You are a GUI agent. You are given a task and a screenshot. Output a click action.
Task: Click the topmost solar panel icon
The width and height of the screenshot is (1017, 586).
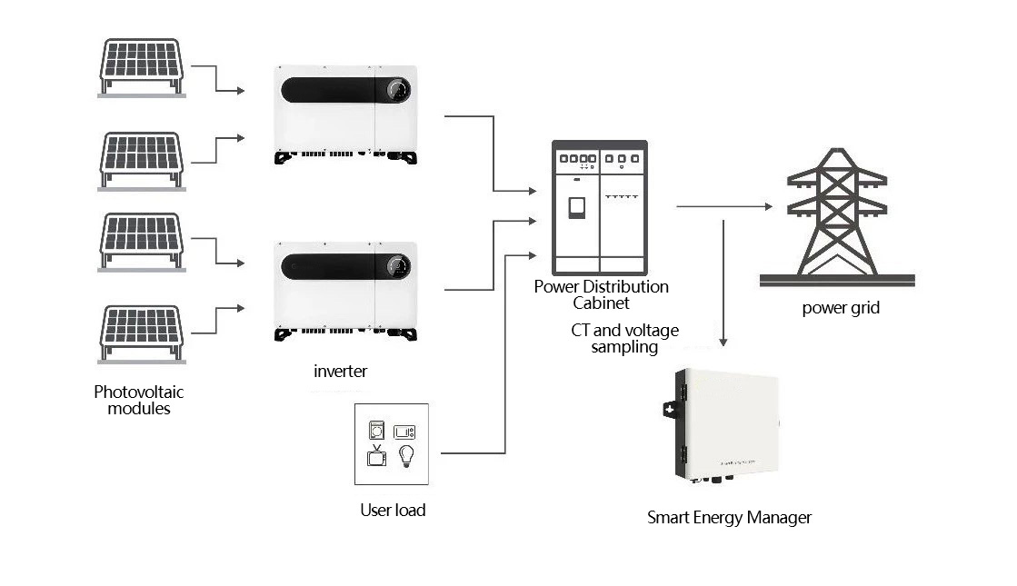[142, 67]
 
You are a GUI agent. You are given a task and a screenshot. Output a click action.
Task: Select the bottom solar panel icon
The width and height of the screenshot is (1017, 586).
[142, 334]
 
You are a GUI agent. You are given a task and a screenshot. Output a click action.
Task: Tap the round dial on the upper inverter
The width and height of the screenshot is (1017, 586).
[398, 89]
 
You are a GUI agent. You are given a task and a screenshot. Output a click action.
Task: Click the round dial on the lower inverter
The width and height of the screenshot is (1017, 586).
[398, 266]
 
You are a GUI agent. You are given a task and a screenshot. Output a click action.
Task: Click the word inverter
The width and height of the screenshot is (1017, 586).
[341, 372]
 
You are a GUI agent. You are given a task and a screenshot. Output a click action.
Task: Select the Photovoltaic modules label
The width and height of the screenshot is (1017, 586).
[139, 400]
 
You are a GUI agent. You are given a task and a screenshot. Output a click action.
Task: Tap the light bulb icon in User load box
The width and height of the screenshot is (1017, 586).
[406, 456]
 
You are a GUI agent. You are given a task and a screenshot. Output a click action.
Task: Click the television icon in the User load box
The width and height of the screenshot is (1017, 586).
[377, 456]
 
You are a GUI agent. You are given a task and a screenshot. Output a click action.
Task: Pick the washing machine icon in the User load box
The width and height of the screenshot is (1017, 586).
[376, 430]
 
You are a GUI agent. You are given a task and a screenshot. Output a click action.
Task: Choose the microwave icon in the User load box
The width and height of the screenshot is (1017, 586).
[404, 431]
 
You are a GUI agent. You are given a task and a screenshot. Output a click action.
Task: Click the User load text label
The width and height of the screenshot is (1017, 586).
[393, 511]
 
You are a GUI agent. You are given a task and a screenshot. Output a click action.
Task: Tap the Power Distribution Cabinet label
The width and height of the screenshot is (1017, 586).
[602, 295]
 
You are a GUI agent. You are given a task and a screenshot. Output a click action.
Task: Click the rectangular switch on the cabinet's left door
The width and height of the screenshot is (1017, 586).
[576, 208]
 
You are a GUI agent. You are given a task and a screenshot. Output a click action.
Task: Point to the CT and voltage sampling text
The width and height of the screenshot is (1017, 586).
[624, 338]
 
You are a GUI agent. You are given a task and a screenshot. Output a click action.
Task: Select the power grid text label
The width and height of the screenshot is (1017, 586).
[841, 308]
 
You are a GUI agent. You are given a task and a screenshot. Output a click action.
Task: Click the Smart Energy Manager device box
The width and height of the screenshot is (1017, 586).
[722, 426]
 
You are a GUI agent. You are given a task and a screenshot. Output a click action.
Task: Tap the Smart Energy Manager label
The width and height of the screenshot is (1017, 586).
[729, 518]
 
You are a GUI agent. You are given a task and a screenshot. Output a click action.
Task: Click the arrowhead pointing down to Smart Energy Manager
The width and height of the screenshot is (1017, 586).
[723, 343]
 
